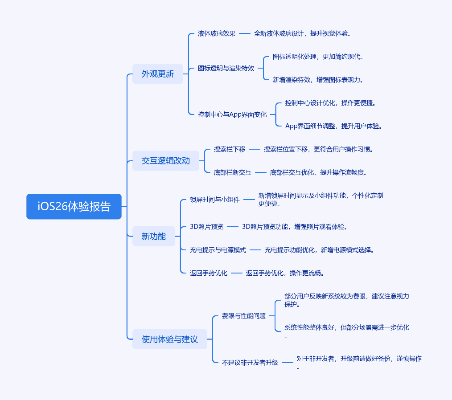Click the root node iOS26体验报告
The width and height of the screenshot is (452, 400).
(74, 207)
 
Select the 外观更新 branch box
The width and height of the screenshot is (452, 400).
(158, 74)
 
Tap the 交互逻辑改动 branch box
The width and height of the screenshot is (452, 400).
(166, 161)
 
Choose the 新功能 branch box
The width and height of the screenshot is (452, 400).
(154, 237)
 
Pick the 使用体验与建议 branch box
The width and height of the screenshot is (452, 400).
(170, 339)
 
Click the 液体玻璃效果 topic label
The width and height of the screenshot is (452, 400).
(217, 34)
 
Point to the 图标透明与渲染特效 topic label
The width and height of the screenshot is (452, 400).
(226, 68)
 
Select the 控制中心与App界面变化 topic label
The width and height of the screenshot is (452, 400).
(232, 114)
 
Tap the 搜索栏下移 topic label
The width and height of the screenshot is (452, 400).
(230, 149)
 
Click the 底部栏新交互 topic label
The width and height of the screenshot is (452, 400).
(233, 172)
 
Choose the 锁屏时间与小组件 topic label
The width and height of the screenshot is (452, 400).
(215, 200)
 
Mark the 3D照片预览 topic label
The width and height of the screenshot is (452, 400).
(207, 227)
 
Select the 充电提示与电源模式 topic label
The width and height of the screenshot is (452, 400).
(218, 250)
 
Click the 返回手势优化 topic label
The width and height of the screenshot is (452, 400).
(209, 273)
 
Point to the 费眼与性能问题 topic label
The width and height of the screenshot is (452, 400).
(244, 316)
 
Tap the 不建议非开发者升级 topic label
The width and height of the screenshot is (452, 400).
(250, 363)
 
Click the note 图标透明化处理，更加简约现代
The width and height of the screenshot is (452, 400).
(318, 57)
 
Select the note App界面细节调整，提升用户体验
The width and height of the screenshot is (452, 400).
(333, 126)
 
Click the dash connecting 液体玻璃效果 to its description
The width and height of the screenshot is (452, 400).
(245, 34)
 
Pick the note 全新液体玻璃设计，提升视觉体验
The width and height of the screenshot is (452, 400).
(302, 34)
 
